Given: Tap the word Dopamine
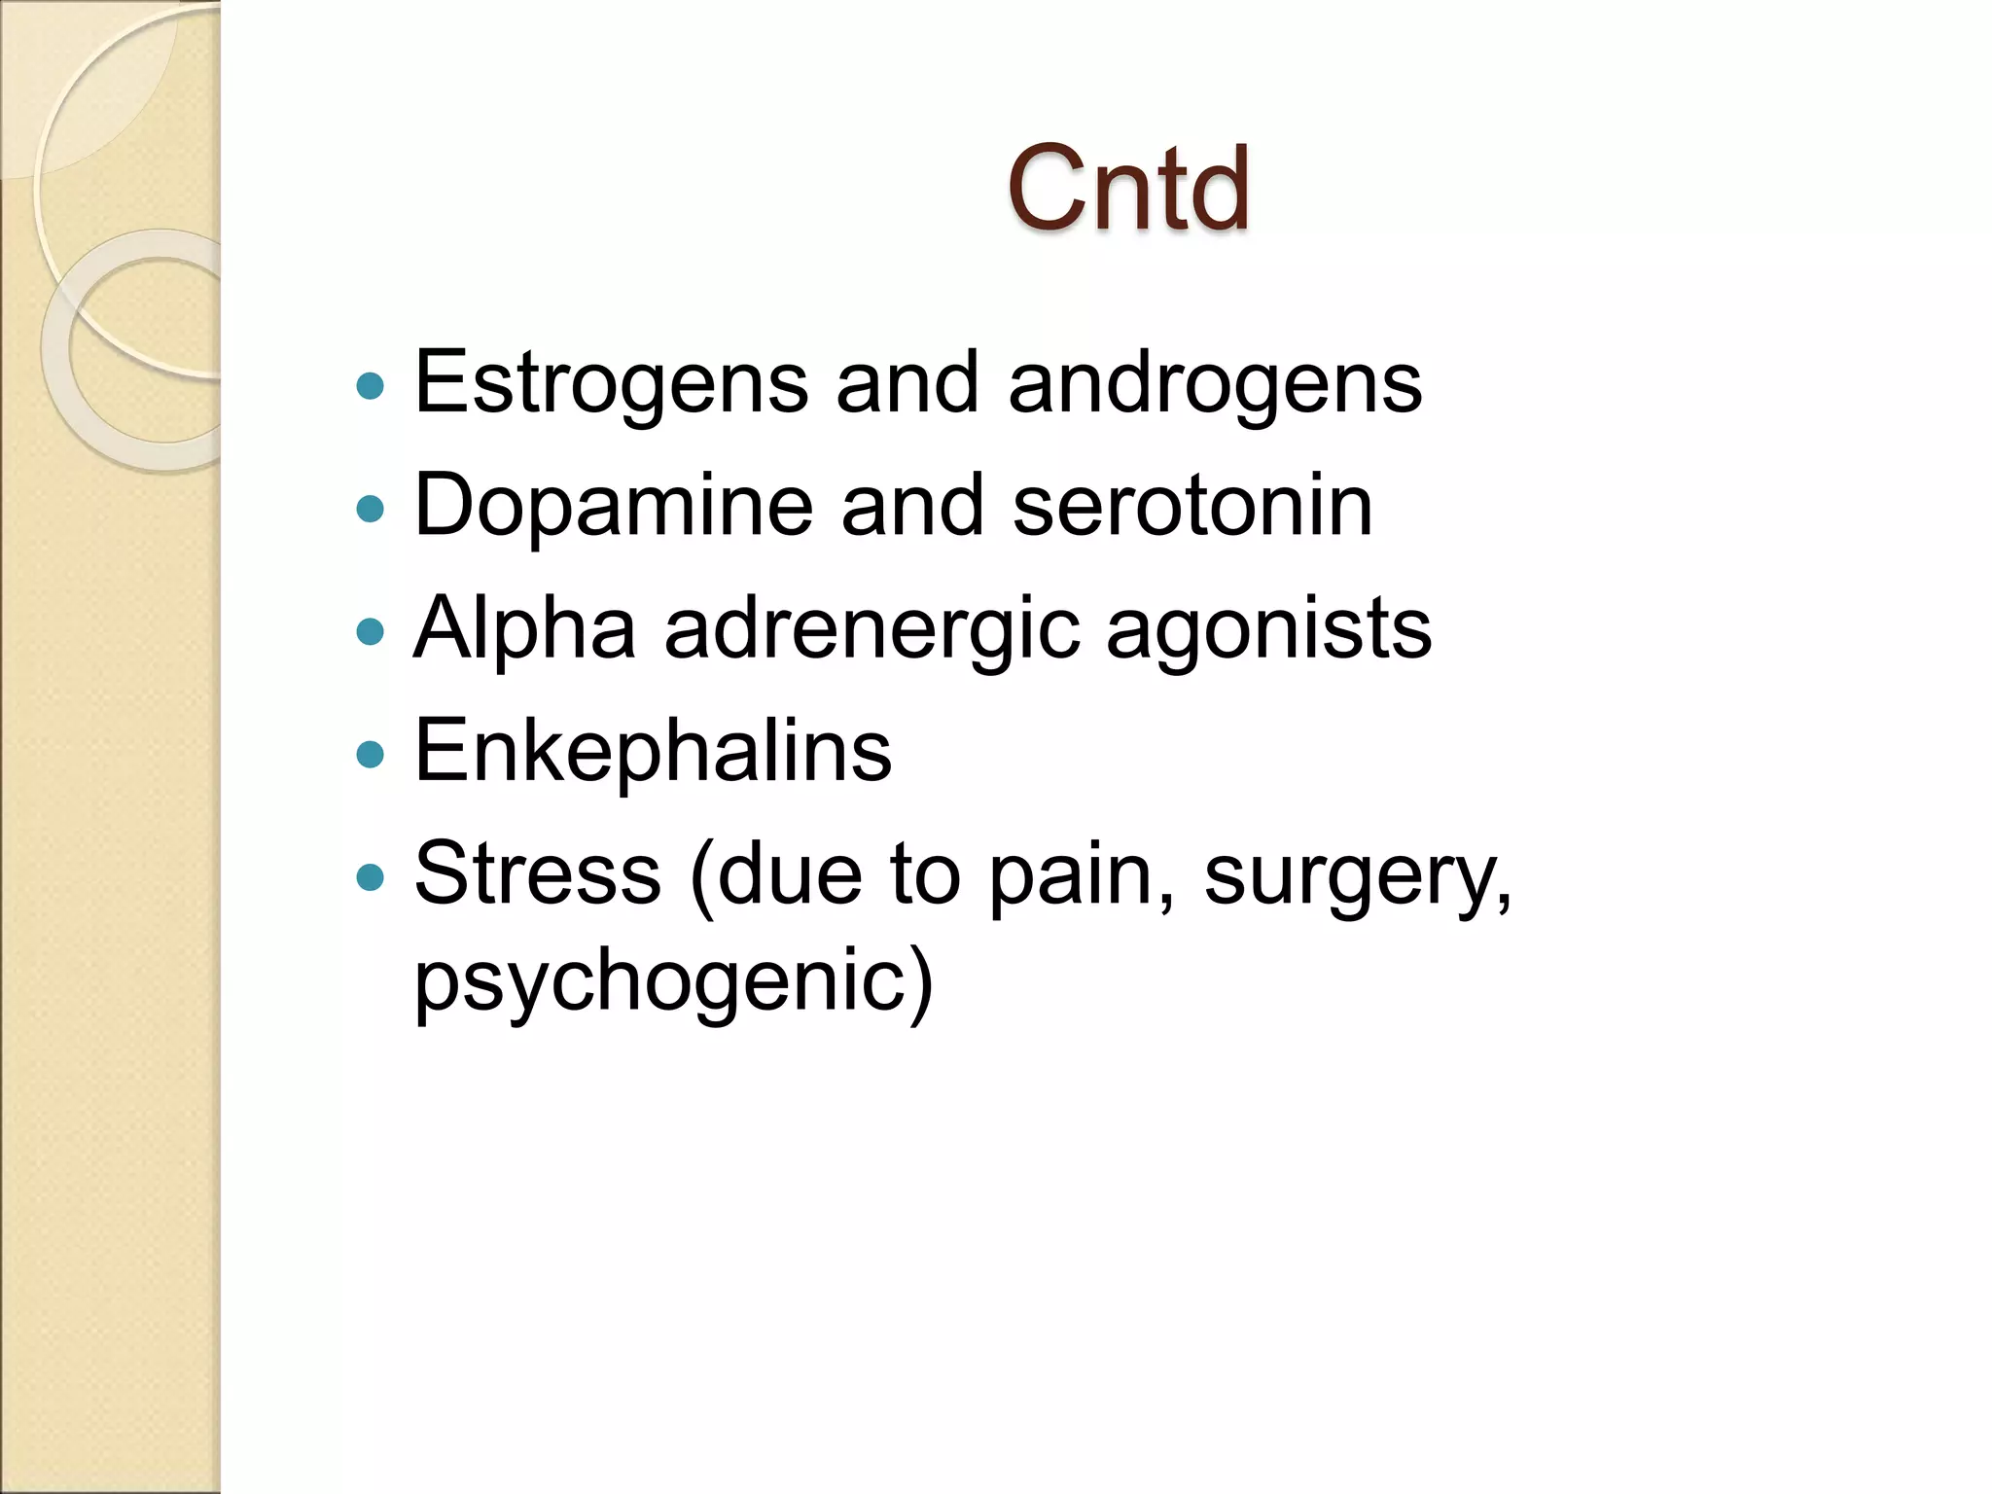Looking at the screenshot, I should [613, 506].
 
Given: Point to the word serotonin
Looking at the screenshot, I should [1192, 506].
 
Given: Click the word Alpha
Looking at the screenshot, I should [524, 628].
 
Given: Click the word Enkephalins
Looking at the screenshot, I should [653, 751].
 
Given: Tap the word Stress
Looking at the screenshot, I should [538, 873].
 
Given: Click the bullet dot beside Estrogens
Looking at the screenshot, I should [371, 387].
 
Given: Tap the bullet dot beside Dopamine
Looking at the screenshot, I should [371, 509].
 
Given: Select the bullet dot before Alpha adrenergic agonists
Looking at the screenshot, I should [371, 632].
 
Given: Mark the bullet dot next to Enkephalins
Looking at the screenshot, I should [371, 755].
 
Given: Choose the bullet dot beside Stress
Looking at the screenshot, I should [371, 877].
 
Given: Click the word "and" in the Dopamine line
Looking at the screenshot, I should [912, 506].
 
